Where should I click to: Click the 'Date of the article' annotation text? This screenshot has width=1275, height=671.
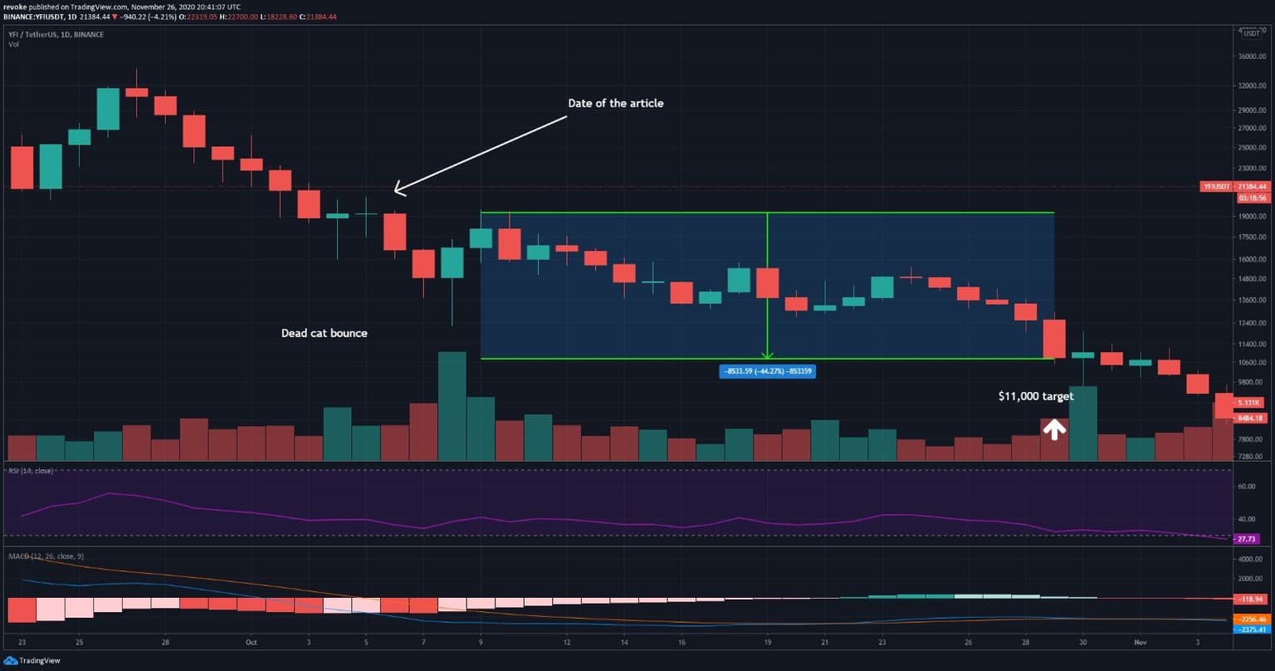[615, 104]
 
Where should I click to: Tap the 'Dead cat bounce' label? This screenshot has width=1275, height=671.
[324, 333]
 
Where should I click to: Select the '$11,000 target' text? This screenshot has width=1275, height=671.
[1036, 396]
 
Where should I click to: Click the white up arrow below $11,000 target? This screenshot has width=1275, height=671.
[1053, 429]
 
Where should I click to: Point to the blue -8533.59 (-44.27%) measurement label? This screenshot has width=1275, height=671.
[767, 371]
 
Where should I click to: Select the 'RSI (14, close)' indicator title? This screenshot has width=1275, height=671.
[31, 471]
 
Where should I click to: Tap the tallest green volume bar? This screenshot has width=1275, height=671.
[452, 405]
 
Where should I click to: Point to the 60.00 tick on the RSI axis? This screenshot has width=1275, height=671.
[1246, 486]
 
